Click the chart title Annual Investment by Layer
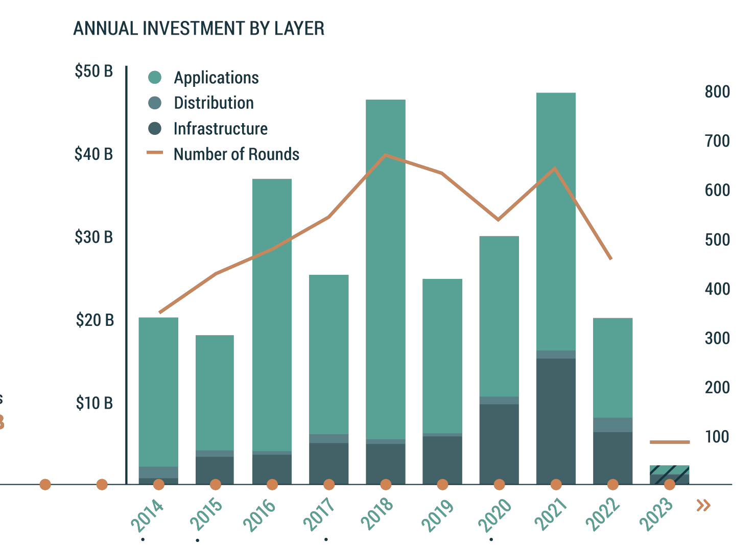pos(199,29)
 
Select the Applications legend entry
pos(216,78)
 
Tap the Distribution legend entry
pos(213,103)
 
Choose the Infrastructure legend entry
pos(220,129)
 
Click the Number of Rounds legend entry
pos(235,154)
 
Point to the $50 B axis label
pos(93,71)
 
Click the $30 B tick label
pos(93,237)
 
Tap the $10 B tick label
pos(94,403)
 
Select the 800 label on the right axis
pos(717,92)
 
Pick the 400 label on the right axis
pos(717,289)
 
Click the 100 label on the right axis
pos(717,437)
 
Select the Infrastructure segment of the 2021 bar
pos(556,419)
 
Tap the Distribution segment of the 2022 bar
pos(612,425)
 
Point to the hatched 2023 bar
pos(669,473)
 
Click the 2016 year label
pos(259,515)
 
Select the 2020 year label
pos(494,515)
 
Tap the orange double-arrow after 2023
pos(703,506)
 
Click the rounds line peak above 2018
pos(386,155)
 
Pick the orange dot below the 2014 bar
pos(159,484)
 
